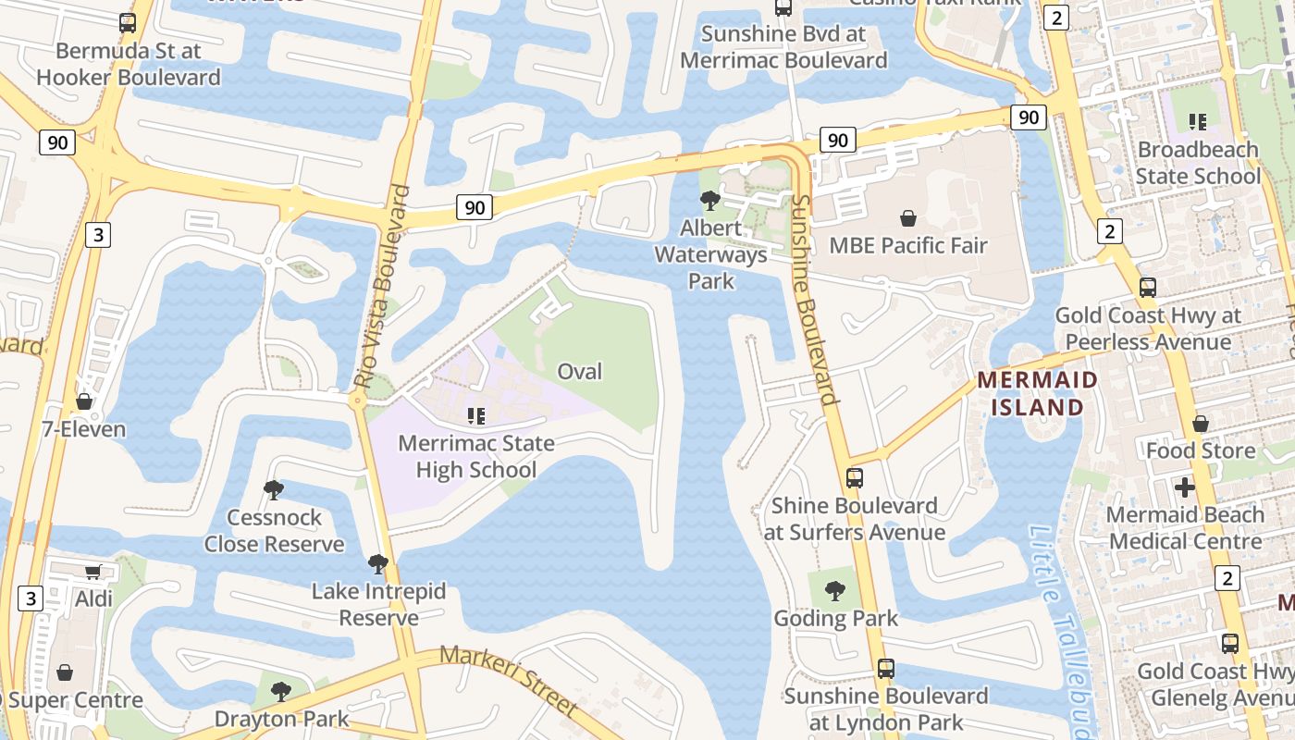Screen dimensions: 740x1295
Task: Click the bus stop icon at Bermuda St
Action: click(128, 23)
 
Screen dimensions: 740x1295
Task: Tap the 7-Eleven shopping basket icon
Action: click(84, 401)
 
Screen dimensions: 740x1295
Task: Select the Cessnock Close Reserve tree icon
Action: click(274, 489)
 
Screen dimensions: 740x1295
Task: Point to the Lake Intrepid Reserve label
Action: click(378, 604)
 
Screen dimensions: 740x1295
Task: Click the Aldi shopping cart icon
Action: click(92, 573)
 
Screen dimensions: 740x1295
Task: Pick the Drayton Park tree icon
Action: click(281, 691)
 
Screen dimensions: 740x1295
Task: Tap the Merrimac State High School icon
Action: click(476, 416)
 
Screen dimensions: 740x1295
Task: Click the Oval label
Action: click(580, 372)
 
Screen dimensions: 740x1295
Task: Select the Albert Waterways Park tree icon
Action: click(710, 200)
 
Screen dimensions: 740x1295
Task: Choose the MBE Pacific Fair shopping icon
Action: click(908, 218)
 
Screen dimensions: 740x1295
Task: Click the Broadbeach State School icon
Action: click(1199, 121)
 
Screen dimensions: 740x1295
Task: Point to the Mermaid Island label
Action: click(1037, 393)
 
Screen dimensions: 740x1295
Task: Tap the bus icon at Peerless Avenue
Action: click(1148, 287)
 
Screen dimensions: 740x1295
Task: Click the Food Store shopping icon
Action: click(1201, 424)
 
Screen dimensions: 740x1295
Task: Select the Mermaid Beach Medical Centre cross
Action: click(1185, 487)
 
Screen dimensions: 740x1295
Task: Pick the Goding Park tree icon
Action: click(835, 590)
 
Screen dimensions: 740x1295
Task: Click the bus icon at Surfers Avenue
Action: click(855, 478)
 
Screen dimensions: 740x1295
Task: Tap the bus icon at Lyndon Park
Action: click(886, 668)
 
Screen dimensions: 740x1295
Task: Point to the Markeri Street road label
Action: click(509, 680)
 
